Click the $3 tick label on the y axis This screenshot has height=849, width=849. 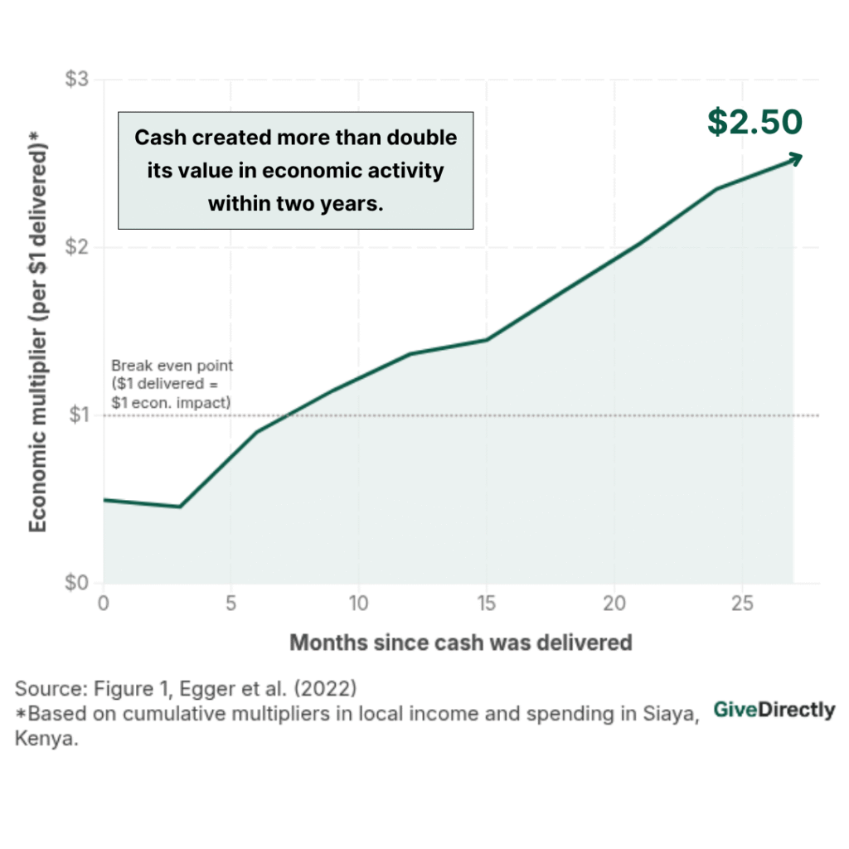pyautogui.click(x=77, y=80)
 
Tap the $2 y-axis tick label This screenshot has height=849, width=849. pyautogui.click(x=77, y=248)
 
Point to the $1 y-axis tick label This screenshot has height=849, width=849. pyautogui.click(x=77, y=415)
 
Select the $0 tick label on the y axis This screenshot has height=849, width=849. pyautogui.click(x=77, y=583)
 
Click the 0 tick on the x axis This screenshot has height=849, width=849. pyautogui.click(x=104, y=604)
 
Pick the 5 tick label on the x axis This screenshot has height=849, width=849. pyautogui.click(x=231, y=604)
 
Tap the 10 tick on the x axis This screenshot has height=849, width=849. pyautogui.click(x=358, y=604)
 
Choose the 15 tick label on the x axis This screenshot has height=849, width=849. pyautogui.click(x=486, y=604)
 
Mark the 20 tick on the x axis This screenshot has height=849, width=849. pyautogui.click(x=614, y=604)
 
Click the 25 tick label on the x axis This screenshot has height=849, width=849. pyautogui.click(x=741, y=604)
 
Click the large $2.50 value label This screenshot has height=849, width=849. pyautogui.click(x=754, y=121)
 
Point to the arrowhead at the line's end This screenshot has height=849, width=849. pyautogui.click(x=796, y=157)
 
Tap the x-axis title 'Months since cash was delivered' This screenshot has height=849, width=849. pyautogui.click(x=461, y=642)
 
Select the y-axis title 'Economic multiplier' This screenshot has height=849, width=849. pyautogui.click(x=38, y=332)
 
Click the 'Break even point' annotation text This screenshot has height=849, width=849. pyautogui.click(x=172, y=366)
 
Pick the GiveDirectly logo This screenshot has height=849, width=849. pyautogui.click(x=774, y=710)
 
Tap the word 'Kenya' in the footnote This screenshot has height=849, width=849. pyautogui.click(x=46, y=740)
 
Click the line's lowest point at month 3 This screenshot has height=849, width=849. pyautogui.click(x=180, y=507)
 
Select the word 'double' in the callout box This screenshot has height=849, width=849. pyautogui.click(x=422, y=137)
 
